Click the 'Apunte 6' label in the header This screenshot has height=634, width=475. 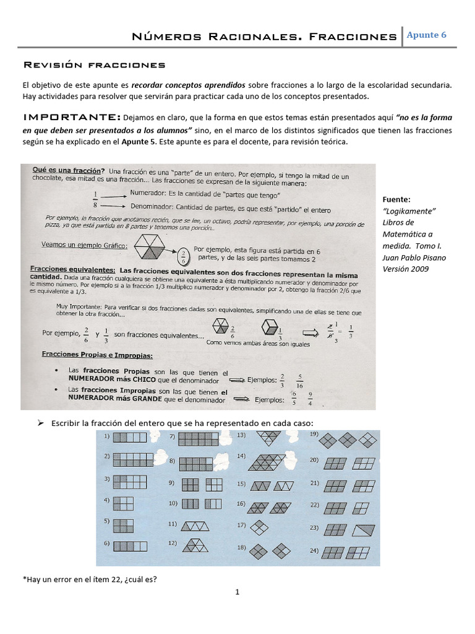pos(427,35)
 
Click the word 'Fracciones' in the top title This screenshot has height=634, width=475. pos(354,37)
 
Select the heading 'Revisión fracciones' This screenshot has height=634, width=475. pos(94,64)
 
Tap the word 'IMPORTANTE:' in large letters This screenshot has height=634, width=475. pos(71,117)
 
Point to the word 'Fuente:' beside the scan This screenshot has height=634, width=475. pos(397,200)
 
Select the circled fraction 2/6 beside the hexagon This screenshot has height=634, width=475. pos(184,256)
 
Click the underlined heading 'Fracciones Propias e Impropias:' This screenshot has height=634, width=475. pos(98,355)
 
